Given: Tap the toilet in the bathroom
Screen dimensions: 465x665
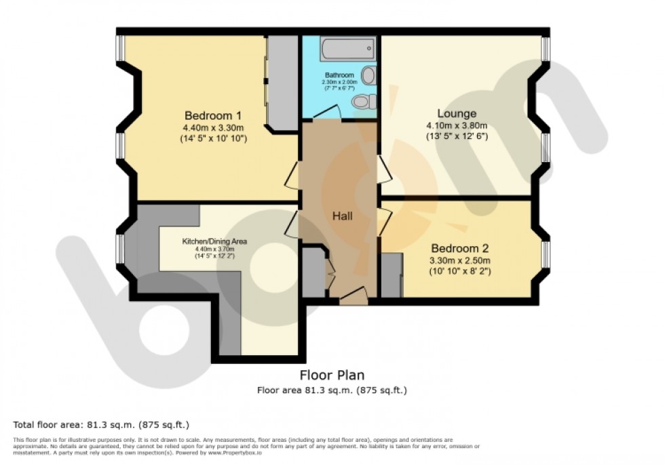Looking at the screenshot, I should tap(364, 102).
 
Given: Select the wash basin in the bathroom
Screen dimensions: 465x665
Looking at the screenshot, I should tap(369, 75).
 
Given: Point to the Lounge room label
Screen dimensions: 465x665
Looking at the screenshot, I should tap(456, 113).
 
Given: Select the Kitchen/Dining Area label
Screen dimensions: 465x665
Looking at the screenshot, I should tap(214, 241).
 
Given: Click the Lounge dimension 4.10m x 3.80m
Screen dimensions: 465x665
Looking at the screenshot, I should tap(456, 125).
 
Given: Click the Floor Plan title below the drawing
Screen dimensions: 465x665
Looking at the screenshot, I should tap(332, 375).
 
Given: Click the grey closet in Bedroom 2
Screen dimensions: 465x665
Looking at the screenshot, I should tap(391, 275).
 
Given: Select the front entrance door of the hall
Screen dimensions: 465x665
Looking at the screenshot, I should tap(353, 294).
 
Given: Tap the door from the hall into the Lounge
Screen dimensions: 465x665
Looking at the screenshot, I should tap(384, 169).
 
